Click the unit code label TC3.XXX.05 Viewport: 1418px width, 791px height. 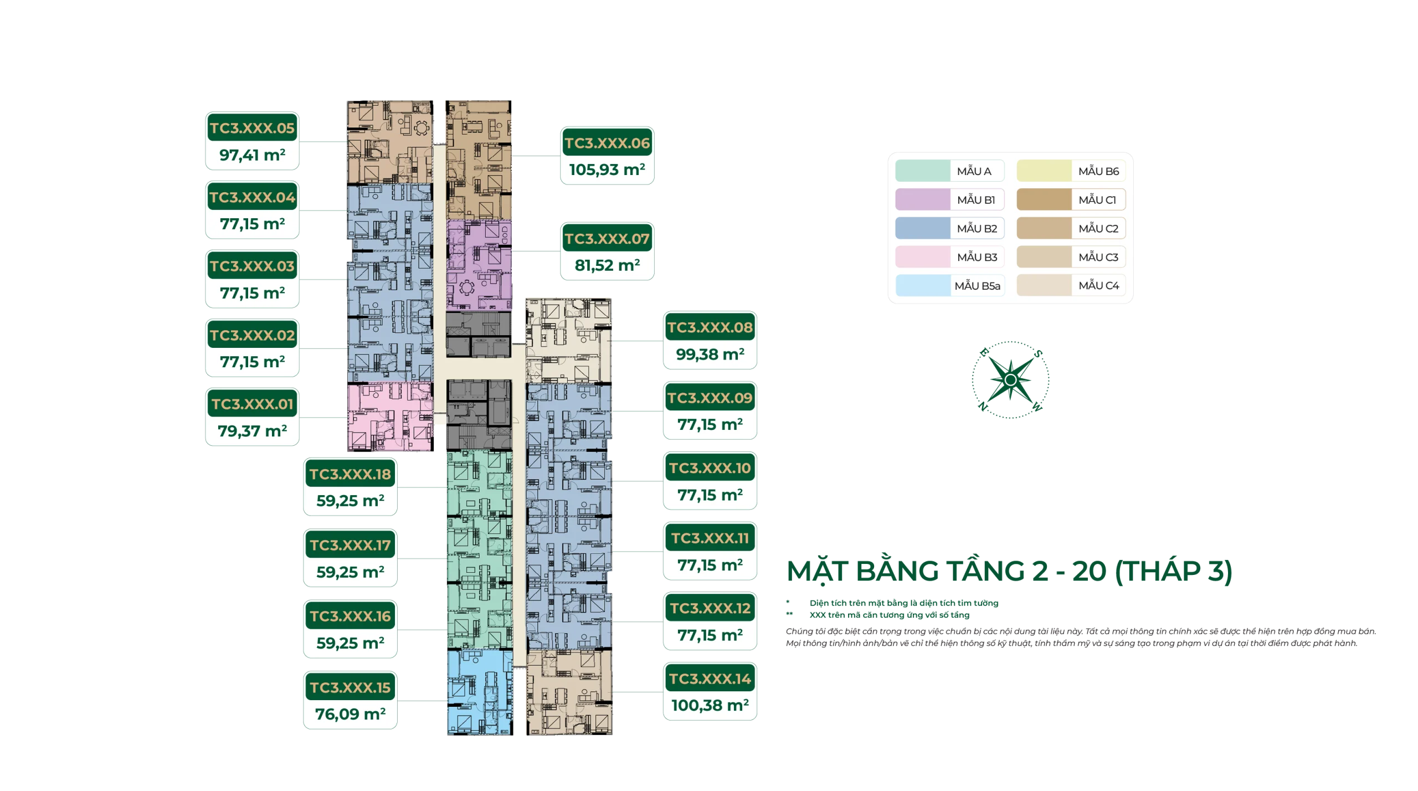(x=252, y=128)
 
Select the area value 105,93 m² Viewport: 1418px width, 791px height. (x=607, y=169)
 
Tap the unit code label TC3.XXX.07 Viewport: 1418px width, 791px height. (x=607, y=239)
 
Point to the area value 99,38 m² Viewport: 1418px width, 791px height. (x=710, y=354)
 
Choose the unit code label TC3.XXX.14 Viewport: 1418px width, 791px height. (x=710, y=679)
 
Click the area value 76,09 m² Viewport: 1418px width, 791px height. (x=350, y=714)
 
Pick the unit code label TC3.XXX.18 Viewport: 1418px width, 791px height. (x=350, y=474)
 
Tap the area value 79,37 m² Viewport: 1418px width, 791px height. (x=252, y=431)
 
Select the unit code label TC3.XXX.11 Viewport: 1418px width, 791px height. (x=710, y=538)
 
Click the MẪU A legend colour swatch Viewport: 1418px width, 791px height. (x=923, y=171)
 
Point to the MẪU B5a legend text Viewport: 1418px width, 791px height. (x=977, y=286)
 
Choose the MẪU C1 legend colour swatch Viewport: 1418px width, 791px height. (x=1044, y=199)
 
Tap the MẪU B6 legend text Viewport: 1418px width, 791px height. (x=1098, y=171)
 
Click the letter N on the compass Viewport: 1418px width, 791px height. (x=983, y=407)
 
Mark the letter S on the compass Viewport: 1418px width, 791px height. (x=1038, y=353)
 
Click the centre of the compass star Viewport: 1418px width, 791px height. (x=1011, y=380)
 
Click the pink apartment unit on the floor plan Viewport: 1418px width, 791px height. (x=390, y=416)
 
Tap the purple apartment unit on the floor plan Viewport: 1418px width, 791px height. (x=479, y=265)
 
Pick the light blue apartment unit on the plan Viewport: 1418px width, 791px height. (x=480, y=692)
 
